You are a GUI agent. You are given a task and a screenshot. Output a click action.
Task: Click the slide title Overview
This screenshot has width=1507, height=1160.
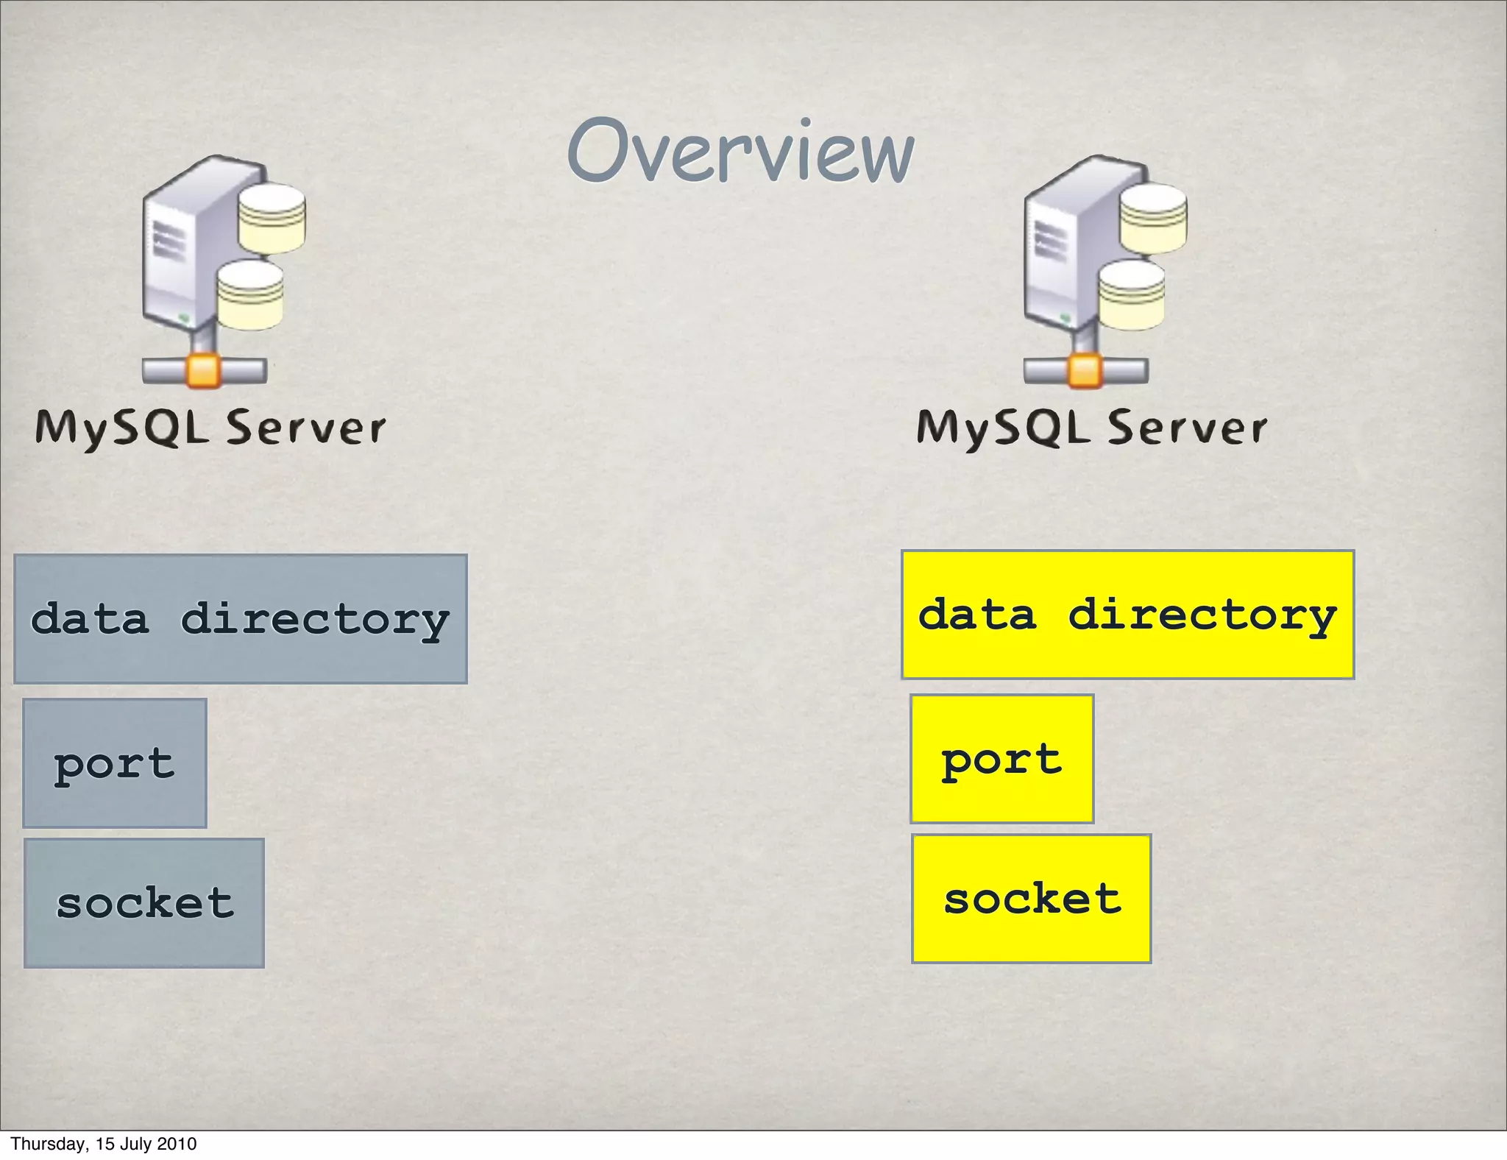point(740,152)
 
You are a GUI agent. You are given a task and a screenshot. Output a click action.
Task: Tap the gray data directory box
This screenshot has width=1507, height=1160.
point(241,618)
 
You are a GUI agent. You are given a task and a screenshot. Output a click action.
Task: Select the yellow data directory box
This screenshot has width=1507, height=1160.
point(1127,615)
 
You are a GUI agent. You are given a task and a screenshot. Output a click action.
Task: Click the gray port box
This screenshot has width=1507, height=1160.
point(115,763)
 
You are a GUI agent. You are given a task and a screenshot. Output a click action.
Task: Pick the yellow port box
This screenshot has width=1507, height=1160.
point(1001,758)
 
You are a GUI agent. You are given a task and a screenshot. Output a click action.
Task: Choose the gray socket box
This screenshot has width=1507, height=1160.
point(144,902)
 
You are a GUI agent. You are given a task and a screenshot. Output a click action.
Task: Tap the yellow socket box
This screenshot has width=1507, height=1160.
point(1031,898)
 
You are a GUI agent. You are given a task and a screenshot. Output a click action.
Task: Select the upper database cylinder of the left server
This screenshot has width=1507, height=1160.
point(272,218)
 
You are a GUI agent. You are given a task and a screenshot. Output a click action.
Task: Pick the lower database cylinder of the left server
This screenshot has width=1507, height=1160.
point(250,295)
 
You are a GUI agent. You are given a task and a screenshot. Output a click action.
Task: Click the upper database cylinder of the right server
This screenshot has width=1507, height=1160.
point(1153,218)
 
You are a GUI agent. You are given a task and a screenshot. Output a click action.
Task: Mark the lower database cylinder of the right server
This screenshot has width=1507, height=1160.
point(1132,295)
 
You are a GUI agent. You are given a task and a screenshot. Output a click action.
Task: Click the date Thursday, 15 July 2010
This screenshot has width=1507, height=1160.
point(104,1144)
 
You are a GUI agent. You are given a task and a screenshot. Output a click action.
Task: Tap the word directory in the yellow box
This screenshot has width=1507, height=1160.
point(1202,615)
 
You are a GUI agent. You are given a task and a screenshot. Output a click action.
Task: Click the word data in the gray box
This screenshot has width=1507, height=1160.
point(90,618)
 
